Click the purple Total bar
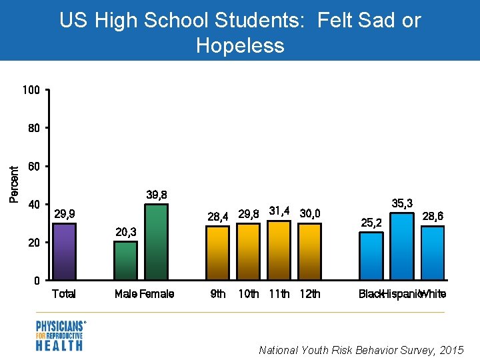point(64,251)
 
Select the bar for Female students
point(156,242)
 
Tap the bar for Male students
point(125,261)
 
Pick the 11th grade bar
point(279,250)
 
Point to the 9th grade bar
point(217,253)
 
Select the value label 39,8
point(156,195)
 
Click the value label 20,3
point(125,232)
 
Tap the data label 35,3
point(402,203)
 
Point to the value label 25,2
point(371,222)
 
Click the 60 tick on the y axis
point(34,165)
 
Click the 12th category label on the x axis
point(309,294)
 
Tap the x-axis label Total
point(64,294)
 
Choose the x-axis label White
point(433,294)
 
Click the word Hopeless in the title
point(240,45)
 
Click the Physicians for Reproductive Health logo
point(61,335)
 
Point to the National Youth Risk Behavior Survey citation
point(361,350)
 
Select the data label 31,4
point(279,211)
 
